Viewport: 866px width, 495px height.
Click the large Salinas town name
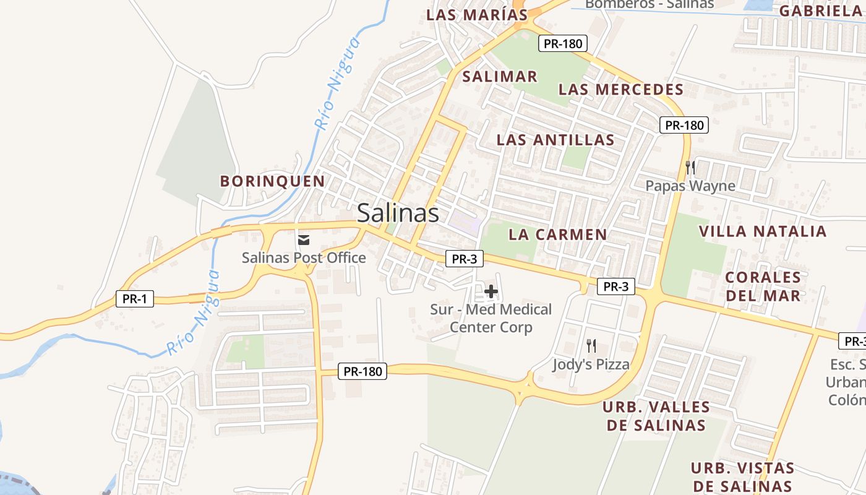click(x=398, y=213)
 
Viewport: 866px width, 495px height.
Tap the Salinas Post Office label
click(x=304, y=257)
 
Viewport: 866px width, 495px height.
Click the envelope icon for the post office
click(x=304, y=239)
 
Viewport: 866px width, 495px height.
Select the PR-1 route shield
click(x=134, y=299)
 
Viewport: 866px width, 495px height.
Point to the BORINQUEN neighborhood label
click(x=273, y=181)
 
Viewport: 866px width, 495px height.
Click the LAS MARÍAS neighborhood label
click(x=478, y=15)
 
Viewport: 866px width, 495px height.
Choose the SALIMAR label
click(x=500, y=77)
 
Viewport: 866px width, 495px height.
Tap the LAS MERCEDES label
click(x=621, y=89)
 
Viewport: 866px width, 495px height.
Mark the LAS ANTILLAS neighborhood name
click(x=555, y=140)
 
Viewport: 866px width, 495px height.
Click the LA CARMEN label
click(x=558, y=235)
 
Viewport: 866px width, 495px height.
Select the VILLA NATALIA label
click(x=763, y=231)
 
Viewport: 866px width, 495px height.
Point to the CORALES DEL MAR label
click(x=763, y=286)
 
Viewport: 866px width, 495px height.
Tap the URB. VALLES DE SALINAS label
click(x=656, y=416)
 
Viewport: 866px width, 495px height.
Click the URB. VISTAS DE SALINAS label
click(x=742, y=476)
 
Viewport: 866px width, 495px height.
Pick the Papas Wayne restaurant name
click(x=690, y=186)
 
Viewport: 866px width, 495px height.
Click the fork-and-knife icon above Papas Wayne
click(x=690, y=167)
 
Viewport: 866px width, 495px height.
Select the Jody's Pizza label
click(x=591, y=364)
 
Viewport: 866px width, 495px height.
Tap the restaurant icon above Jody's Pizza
click(x=591, y=345)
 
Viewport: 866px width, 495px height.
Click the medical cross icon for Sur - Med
click(x=491, y=291)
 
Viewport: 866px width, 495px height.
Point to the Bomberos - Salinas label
click(x=649, y=4)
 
